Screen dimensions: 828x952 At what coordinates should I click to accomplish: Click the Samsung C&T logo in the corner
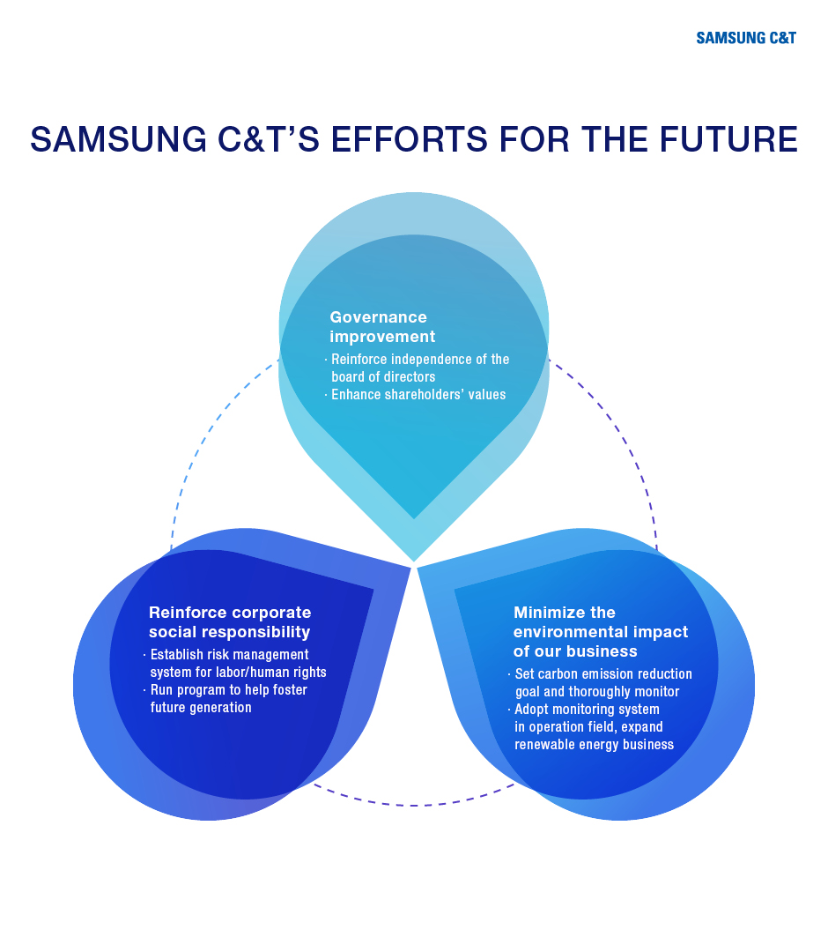click(x=745, y=38)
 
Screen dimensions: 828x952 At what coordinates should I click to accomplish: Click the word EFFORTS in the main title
click(x=409, y=139)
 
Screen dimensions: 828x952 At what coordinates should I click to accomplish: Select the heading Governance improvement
click(x=382, y=327)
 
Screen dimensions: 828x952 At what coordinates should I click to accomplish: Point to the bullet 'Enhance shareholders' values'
click(x=418, y=395)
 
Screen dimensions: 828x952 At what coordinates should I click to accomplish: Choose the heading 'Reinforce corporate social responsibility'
click(x=230, y=621)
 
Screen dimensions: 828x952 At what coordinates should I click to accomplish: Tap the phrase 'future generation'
click(x=201, y=707)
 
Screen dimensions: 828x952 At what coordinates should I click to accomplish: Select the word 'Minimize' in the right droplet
click(x=543, y=612)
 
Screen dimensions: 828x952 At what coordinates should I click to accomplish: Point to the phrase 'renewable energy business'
click(x=594, y=744)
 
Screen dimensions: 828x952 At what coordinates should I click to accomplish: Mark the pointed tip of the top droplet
click(x=414, y=561)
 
